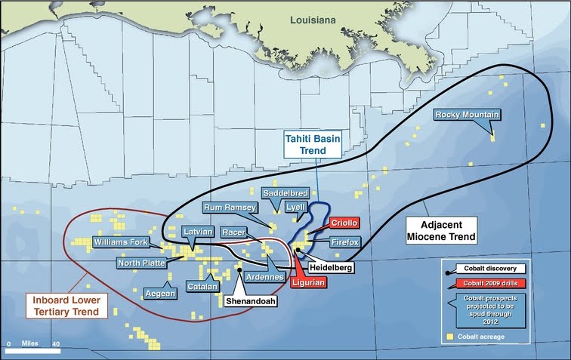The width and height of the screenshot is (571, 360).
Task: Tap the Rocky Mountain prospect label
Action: point(467,115)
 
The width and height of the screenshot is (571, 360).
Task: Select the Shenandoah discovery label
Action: point(250,300)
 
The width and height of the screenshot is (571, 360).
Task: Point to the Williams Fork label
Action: point(120,242)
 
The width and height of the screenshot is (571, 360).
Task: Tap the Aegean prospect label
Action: point(159,292)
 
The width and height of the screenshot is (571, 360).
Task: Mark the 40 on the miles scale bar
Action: point(56,343)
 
